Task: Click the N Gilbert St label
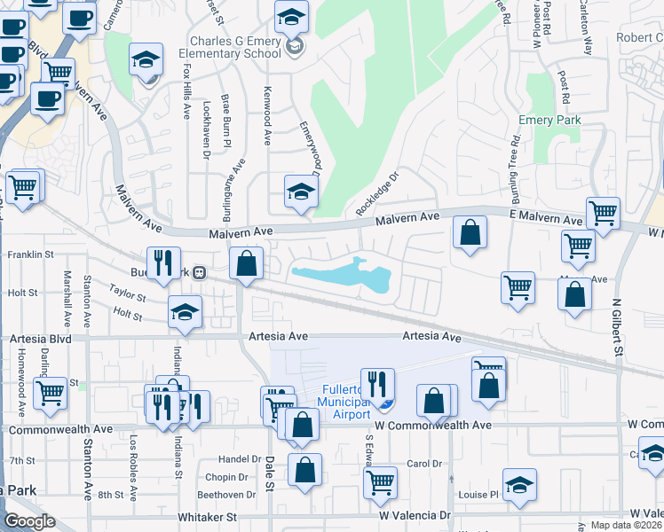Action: point(616,327)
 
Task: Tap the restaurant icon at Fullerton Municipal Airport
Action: point(377,384)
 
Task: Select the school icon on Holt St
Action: point(185,311)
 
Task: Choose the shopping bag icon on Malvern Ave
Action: point(470,233)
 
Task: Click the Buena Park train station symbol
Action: point(201,272)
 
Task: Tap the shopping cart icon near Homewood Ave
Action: point(50,391)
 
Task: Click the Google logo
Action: point(29,521)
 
